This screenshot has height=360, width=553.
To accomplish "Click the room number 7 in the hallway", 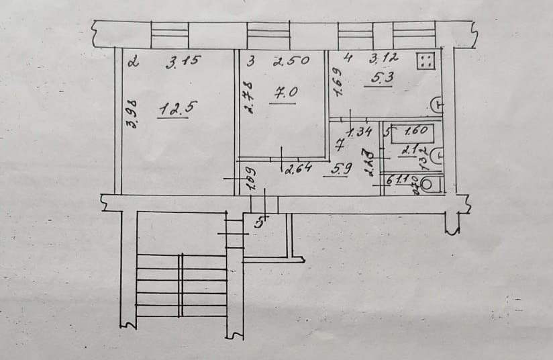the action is (340, 143).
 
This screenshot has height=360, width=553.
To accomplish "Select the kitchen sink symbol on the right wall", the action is (437, 105).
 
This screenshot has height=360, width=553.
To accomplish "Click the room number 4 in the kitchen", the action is (347, 58).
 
